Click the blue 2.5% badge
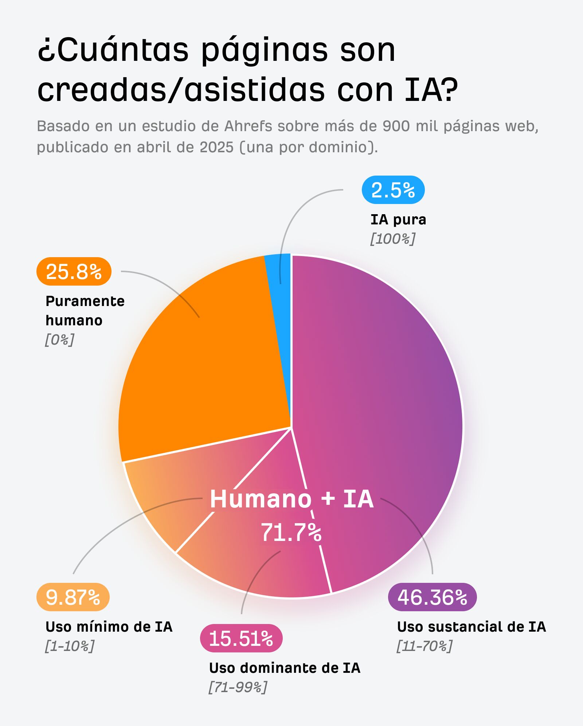tap(393, 190)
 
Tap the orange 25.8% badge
tap(74, 271)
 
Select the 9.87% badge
tap(73, 597)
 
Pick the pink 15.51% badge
tap(241, 638)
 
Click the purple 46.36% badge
tap(432, 597)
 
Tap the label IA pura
tap(398, 220)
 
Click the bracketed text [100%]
tap(392, 239)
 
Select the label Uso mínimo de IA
tap(109, 627)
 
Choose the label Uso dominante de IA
tap(284, 668)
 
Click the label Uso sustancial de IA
tap(471, 627)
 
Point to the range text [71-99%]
tap(238, 687)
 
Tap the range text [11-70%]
tap(424, 646)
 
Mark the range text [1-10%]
tap(69, 646)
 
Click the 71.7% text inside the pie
tap(291, 533)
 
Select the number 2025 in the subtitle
tap(216, 148)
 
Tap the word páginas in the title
tap(265, 50)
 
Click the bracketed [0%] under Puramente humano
tap(59, 340)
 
